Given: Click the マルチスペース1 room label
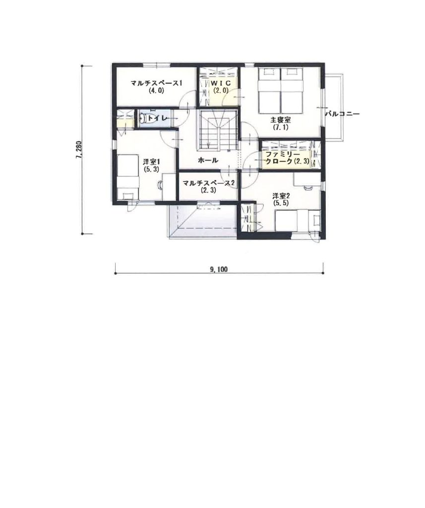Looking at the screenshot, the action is pos(156,83).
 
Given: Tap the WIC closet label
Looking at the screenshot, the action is pos(221,83).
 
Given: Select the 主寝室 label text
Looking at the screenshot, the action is pos(281,120).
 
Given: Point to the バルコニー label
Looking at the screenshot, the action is pos(342,114).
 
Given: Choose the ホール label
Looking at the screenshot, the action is pos(208,160).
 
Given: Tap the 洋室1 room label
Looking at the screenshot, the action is pos(152,162).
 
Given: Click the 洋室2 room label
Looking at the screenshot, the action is pos(281,196).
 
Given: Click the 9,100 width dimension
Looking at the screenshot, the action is pos(219,269).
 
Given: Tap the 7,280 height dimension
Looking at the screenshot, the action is pos(79,149).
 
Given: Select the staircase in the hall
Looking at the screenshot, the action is pos(215,130).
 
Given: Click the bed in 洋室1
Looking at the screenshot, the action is pos(127,177).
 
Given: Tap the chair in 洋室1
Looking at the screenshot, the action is pos(160,185).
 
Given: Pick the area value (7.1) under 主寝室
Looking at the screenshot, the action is pos(281,127).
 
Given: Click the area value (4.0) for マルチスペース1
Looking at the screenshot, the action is pos(156,91).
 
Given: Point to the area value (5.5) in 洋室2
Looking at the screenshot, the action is pos(281,203).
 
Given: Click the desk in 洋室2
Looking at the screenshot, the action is pos(307,179).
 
